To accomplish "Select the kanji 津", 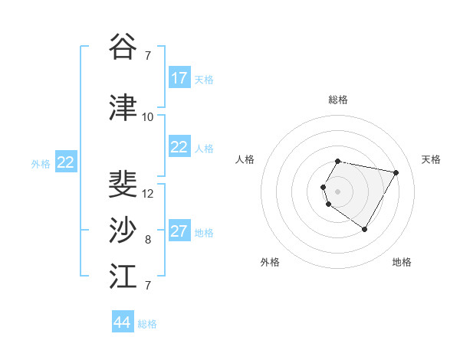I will click(123, 107).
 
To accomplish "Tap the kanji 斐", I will click(123, 185).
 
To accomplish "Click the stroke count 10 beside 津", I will click(148, 117).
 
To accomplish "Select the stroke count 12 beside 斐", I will click(148, 194).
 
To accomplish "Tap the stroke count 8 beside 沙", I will click(148, 240).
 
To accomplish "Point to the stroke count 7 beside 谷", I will click(148, 55).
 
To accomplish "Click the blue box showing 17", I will click(179, 78).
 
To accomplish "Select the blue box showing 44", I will click(123, 322).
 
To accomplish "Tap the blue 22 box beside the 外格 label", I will click(65, 162).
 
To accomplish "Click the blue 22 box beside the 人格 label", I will click(179, 147).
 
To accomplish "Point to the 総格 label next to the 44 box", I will click(147, 324).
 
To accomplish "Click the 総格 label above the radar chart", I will click(338, 100).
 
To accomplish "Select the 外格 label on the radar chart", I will click(270, 262).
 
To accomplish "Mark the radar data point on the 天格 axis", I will click(396, 173).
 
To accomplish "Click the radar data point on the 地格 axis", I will click(364, 229).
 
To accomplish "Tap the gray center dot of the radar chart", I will click(337, 191).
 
